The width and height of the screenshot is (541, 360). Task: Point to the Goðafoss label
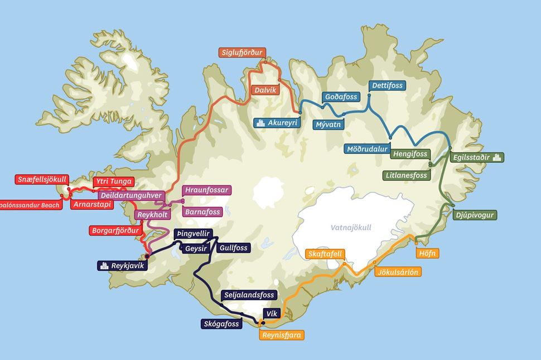point(340,97)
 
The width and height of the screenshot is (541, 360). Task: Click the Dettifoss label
point(387,85)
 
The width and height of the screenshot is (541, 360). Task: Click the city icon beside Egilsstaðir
point(498,157)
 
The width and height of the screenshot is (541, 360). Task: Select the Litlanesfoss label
point(407,175)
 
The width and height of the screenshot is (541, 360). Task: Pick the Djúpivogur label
point(474,215)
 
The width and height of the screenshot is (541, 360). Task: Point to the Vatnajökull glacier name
point(351,227)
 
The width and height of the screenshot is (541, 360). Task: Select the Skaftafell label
point(326,254)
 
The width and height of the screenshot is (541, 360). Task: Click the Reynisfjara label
point(282,335)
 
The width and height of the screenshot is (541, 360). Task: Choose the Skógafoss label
point(221,323)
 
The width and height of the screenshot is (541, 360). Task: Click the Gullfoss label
point(234,247)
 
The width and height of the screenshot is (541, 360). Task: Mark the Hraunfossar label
point(206,190)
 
